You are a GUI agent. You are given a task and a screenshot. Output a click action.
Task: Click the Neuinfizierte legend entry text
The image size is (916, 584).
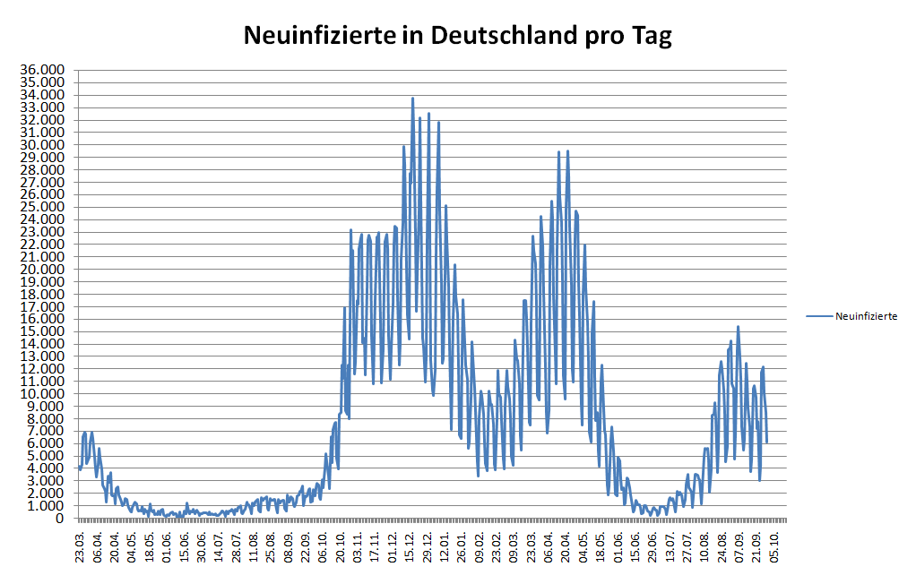pos(866,315)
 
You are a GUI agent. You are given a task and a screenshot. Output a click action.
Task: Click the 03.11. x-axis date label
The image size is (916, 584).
pos(359,544)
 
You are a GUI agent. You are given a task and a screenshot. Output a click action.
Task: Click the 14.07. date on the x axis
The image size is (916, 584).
pos(220,544)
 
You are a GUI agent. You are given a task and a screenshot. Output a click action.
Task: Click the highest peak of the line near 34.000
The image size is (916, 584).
pos(412,98)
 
